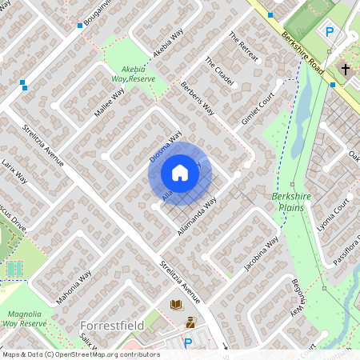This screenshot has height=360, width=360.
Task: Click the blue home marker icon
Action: (x=180, y=173)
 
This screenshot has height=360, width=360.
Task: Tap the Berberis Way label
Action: (x=198, y=97)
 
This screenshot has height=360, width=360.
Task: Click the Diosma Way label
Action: (x=166, y=146)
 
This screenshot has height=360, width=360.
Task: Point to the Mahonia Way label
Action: (x=79, y=290)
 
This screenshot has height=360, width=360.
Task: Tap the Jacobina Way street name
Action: (x=262, y=253)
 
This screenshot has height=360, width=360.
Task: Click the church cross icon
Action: (x=346, y=70)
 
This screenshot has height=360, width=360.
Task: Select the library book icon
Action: (x=175, y=305)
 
